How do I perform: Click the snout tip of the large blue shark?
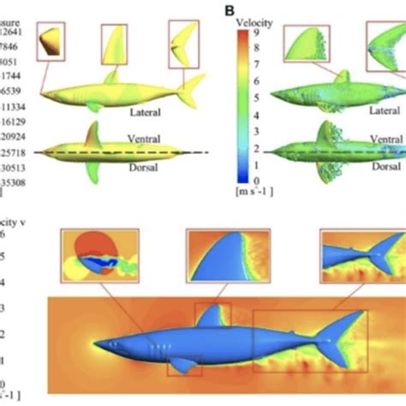click(94, 343)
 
